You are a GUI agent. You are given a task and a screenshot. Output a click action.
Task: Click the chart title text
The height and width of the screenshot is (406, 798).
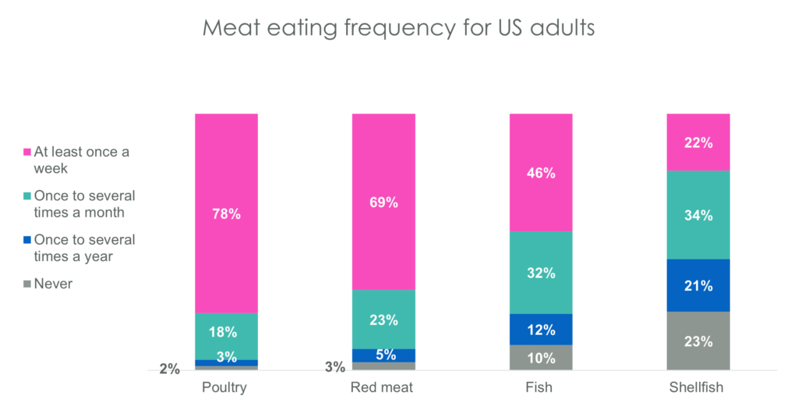coord(398,28)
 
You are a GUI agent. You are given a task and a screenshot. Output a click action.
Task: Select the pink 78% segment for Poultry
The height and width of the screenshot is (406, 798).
coord(226,213)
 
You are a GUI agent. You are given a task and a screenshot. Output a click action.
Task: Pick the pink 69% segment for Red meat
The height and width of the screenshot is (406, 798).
coord(383,202)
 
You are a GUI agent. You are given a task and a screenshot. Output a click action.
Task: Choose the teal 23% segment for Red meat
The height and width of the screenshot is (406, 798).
coord(383,319)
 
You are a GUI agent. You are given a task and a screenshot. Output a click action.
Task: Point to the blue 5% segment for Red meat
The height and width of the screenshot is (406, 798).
coord(383,355)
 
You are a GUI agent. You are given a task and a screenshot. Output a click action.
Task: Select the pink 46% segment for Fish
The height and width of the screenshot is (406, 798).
coord(541,172)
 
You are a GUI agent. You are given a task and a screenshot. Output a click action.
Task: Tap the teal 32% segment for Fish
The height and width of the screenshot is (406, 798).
coord(541,273)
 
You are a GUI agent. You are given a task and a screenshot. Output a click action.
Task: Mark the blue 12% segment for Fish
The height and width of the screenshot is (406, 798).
coord(541,329)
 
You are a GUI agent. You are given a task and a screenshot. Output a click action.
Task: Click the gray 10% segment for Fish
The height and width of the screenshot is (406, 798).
coord(541,358)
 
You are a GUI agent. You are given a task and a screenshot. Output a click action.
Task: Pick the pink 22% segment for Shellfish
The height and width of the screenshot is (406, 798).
coord(698,143)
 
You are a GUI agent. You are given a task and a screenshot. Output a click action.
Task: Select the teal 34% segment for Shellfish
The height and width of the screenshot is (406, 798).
coord(698,214)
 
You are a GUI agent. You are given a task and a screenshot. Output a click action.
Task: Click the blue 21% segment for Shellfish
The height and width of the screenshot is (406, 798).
coord(698,285)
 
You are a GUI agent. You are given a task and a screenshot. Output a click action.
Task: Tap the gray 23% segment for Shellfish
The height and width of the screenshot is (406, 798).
coord(698,341)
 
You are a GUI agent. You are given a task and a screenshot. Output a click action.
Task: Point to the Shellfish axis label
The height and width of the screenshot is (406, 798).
coord(698,387)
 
